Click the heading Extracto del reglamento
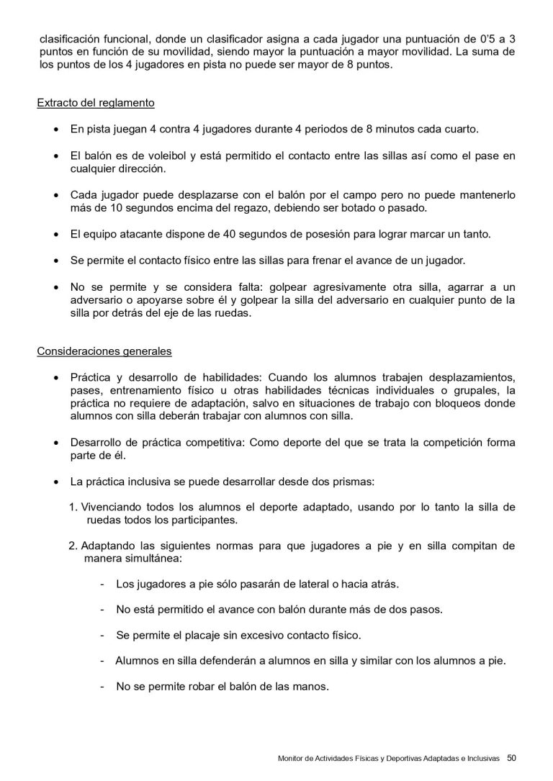96,103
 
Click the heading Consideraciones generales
104,352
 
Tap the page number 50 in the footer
511,757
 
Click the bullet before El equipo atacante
56,234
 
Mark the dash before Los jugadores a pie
103,583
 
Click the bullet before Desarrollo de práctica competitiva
56,442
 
